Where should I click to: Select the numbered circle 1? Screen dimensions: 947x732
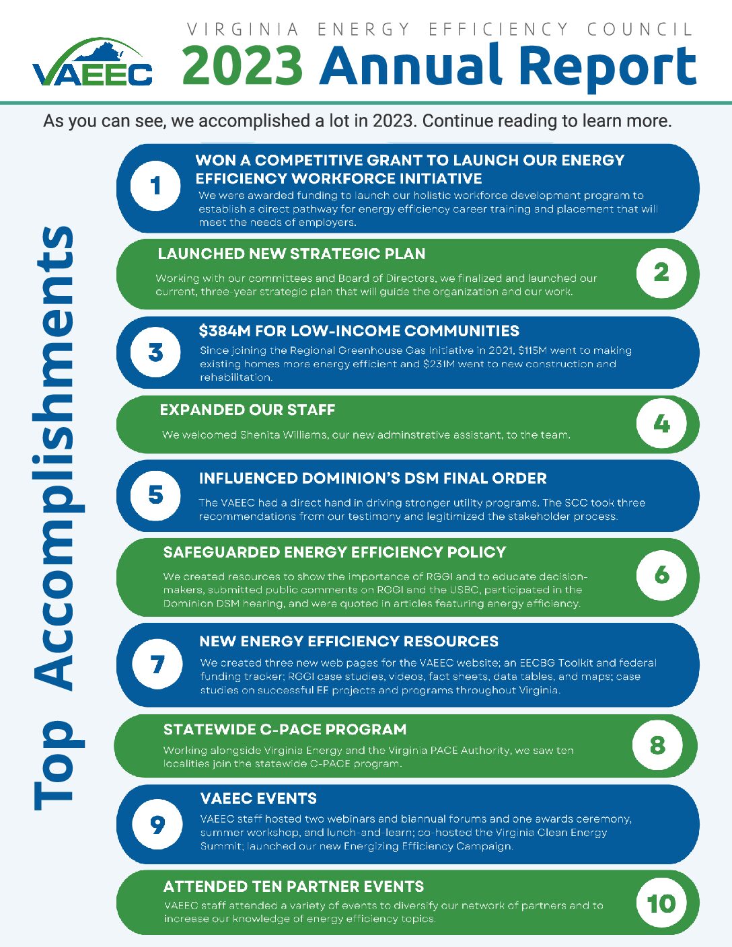[155, 185]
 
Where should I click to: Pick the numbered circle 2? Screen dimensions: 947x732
[661, 272]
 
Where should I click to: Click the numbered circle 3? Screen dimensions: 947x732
[155, 352]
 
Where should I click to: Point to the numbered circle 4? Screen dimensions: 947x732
[661, 424]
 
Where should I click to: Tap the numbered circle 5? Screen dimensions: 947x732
[155, 495]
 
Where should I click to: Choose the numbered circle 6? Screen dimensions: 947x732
[661, 575]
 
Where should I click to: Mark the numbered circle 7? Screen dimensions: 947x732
[157, 665]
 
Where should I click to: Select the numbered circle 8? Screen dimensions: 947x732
[657, 745]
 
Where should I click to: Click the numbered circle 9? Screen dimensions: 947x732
[157, 824]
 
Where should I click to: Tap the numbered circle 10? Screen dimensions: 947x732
[661, 903]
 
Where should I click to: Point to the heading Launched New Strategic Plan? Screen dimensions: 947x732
[291, 254]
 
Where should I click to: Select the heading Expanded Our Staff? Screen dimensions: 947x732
[247, 410]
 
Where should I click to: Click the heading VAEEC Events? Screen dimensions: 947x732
[258, 799]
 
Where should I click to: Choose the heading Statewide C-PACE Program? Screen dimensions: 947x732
[285, 730]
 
